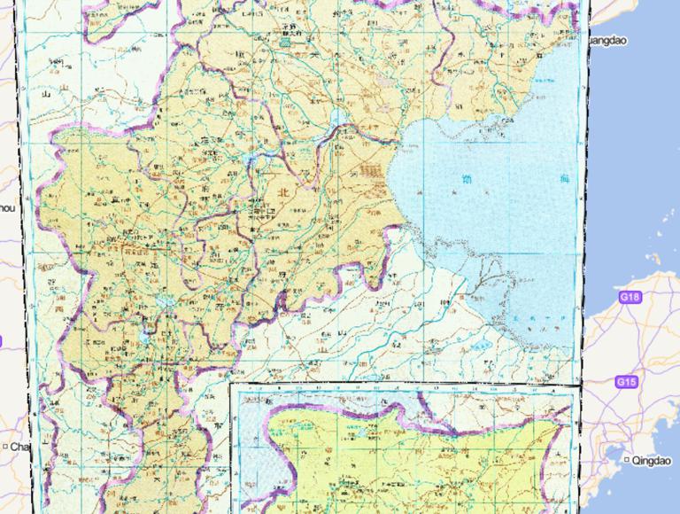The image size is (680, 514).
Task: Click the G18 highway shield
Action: (630, 298)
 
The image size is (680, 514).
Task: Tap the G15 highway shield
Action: (626, 382)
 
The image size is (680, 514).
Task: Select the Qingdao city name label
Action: (652, 461)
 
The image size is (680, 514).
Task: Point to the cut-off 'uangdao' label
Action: (610, 40)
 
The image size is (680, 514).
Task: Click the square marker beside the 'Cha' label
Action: (5, 447)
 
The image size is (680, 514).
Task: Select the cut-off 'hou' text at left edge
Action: (6, 207)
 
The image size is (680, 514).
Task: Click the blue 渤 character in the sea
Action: (467, 180)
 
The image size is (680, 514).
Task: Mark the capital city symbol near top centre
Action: (286, 41)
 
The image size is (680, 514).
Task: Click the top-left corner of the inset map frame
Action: (231, 384)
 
